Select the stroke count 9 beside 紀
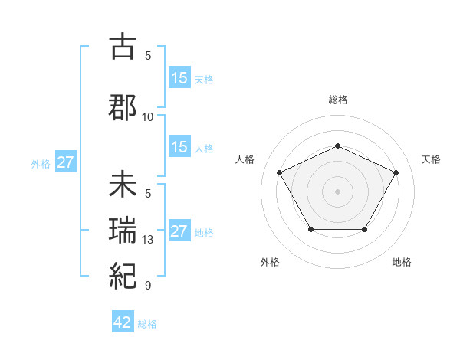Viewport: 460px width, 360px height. click(x=148, y=286)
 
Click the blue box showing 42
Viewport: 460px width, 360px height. click(x=123, y=322)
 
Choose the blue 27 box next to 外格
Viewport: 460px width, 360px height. click(x=65, y=162)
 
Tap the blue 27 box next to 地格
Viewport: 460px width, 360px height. click(x=179, y=231)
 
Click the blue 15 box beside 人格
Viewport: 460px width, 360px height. click(x=179, y=148)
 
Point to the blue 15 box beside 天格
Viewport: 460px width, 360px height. click(x=179, y=78)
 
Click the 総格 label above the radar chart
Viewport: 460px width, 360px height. click(x=337, y=100)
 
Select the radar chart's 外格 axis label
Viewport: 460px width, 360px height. click(x=270, y=262)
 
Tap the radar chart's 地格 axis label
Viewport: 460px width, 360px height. click(x=402, y=262)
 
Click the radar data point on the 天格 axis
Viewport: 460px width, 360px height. click(x=396, y=172)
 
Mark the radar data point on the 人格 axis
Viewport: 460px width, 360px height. click(x=280, y=172)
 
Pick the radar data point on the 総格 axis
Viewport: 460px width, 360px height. click(x=337, y=146)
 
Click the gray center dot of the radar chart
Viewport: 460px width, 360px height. click(x=337, y=191)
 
